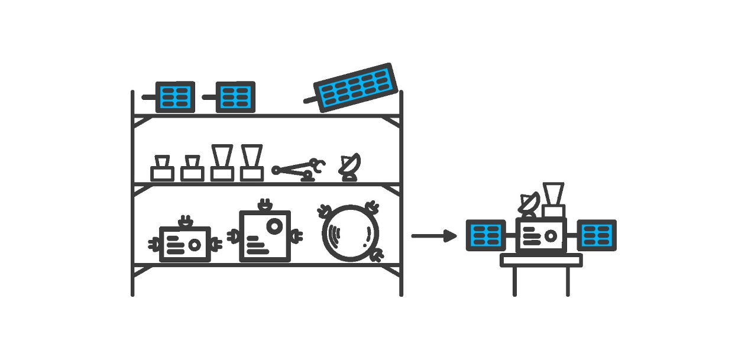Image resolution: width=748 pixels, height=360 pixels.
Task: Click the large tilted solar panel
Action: click(x=355, y=86)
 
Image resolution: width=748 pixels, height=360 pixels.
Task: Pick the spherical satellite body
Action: click(x=351, y=232)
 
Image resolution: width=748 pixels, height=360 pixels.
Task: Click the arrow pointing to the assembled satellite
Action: click(x=433, y=236)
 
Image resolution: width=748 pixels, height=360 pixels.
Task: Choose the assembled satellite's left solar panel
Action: click(x=485, y=235)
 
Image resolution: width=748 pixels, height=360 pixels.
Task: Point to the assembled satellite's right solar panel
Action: click(x=597, y=235)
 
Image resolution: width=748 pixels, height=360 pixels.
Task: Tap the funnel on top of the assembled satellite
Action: click(x=553, y=193)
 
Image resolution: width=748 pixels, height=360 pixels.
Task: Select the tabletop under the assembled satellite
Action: click(x=541, y=260)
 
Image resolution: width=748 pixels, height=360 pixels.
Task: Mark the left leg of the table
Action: click(x=514, y=281)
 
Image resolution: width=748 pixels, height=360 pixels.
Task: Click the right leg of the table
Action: click(x=568, y=281)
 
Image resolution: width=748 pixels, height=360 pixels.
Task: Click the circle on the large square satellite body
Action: click(x=275, y=226)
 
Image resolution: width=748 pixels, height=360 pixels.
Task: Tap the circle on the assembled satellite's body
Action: click(x=551, y=236)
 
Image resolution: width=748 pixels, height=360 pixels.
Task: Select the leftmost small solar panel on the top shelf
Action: click(x=174, y=96)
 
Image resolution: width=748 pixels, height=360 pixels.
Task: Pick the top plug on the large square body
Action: click(x=264, y=205)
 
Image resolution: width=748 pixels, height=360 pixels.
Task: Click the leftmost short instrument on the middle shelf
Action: click(x=161, y=168)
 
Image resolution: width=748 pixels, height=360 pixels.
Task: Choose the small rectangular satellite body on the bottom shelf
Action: click(x=185, y=244)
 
